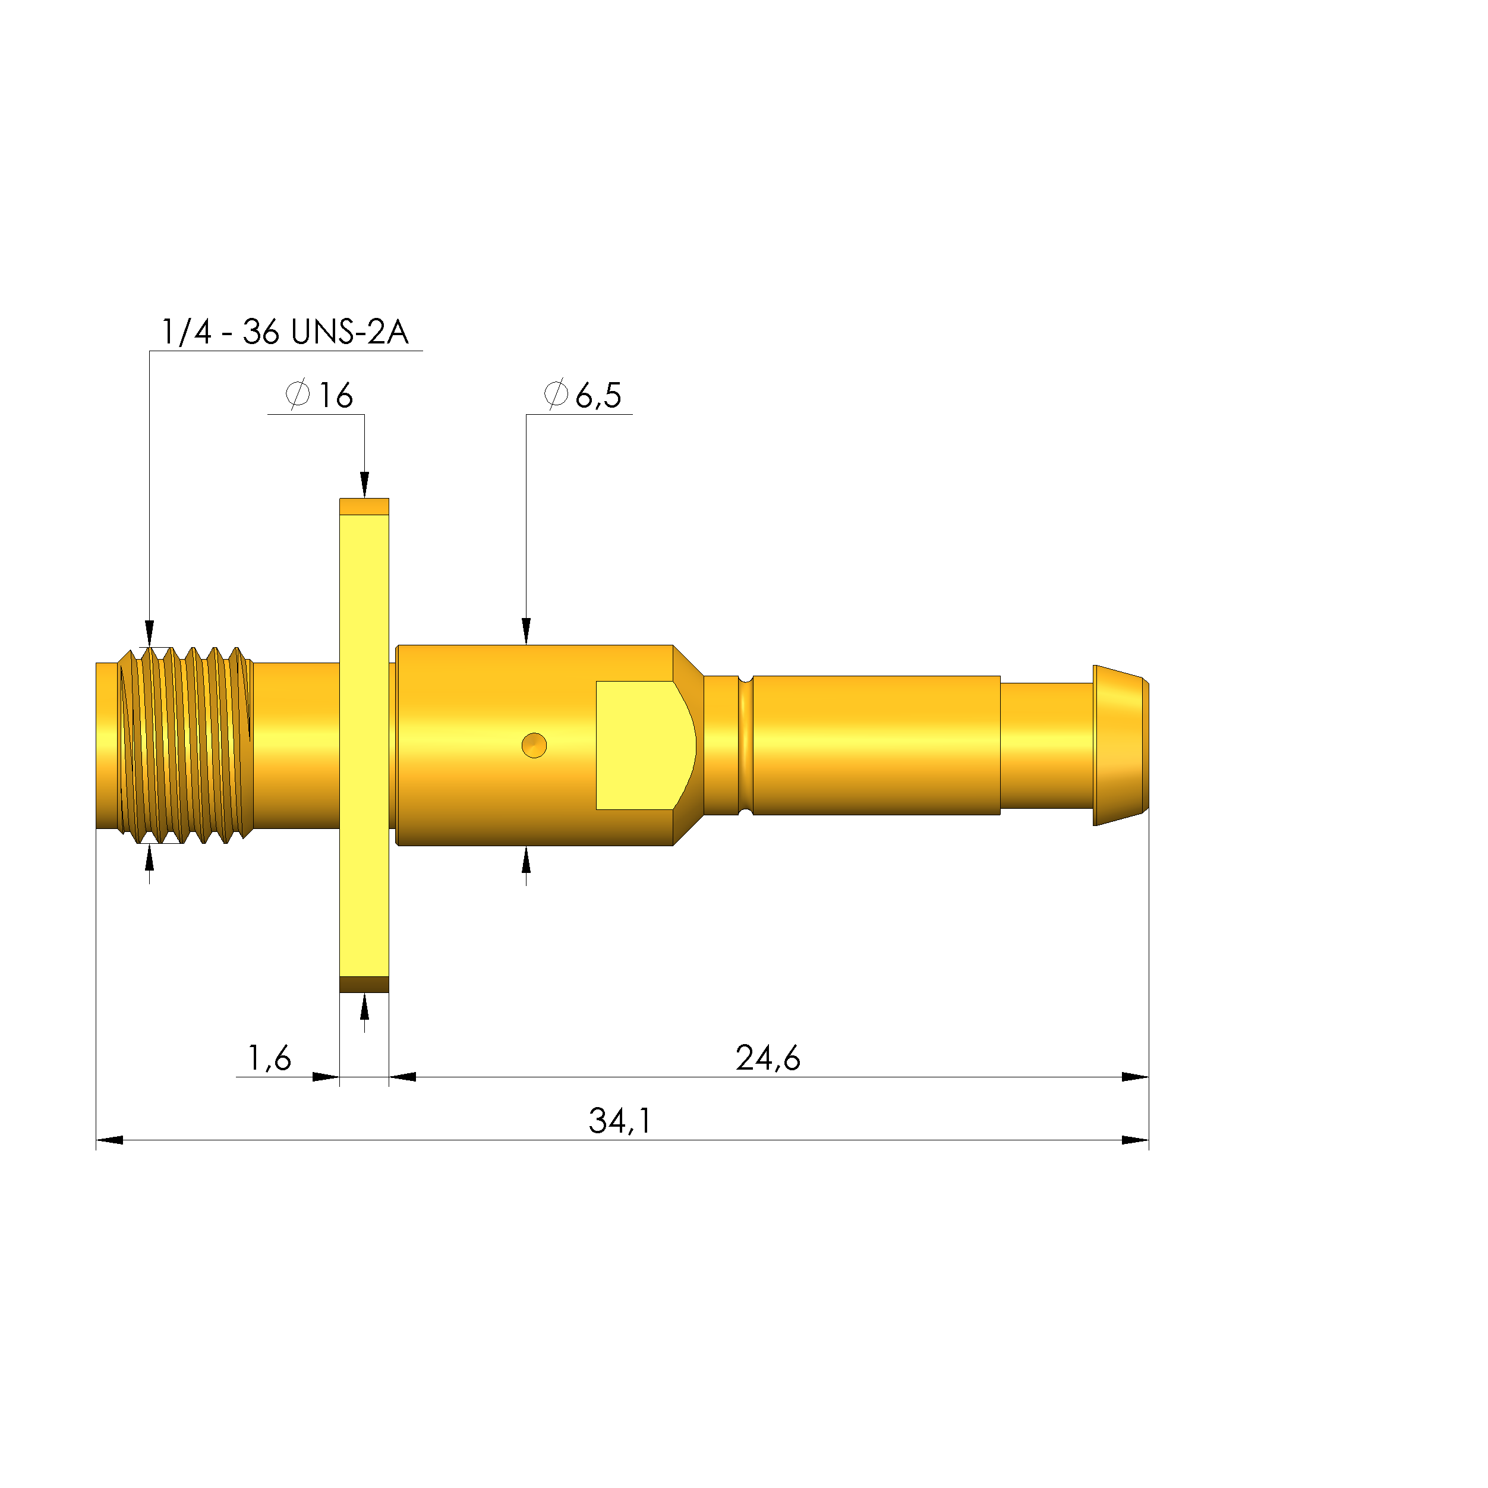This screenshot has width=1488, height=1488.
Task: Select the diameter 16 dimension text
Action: point(319,395)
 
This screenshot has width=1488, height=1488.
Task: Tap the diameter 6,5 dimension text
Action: point(583,395)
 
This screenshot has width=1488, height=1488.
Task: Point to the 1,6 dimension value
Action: point(269,1058)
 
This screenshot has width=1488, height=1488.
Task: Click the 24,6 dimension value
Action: point(767,1058)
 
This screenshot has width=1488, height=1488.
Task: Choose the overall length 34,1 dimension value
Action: point(620,1121)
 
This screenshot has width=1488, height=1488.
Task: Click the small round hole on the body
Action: point(534,746)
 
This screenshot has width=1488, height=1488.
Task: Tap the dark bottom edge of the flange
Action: point(364,984)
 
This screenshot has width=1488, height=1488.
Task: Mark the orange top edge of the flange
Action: point(364,506)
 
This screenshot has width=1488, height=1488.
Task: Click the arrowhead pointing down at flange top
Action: point(364,486)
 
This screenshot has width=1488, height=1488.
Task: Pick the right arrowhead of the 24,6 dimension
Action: point(1134,1077)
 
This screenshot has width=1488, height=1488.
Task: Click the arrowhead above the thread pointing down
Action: point(149,633)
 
